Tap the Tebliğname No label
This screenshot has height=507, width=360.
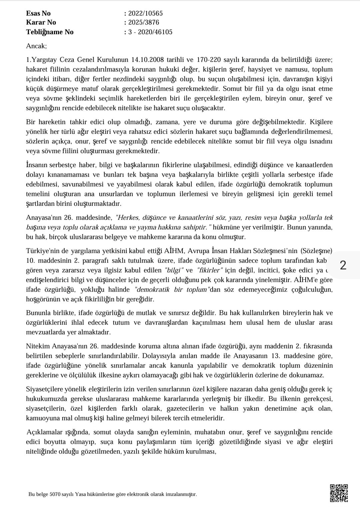tap(50, 32)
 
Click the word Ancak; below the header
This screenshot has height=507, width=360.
tap(36, 46)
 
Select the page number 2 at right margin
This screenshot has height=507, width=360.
tap(343, 265)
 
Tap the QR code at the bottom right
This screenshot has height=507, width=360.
tap(339, 493)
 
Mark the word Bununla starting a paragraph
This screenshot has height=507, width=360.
tap(38, 313)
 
